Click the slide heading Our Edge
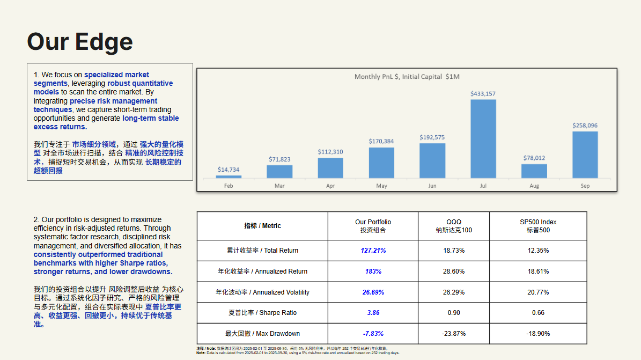click(x=80, y=42)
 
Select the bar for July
click(x=483, y=138)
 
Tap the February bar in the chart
click(x=229, y=177)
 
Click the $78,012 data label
click(x=534, y=158)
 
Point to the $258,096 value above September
click(x=585, y=126)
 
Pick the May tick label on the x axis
click(x=381, y=186)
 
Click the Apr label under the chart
click(x=330, y=186)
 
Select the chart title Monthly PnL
click(x=407, y=77)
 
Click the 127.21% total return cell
click(x=373, y=251)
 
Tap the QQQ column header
click(x=453, y=226)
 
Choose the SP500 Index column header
click(x=538, y=226)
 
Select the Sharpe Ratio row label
click(x=262, y=313)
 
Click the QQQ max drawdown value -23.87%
click(x=453, y=334)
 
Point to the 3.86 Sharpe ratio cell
click(x=373, y=313)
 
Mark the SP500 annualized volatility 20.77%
click(x=538, y=292)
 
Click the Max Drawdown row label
click(x=262, y=334)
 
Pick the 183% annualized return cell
click(x=373, y=271)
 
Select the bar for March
click(x=279, y=172)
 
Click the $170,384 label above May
click(x=381, y=141)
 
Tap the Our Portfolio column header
click(x=373, y=226)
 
